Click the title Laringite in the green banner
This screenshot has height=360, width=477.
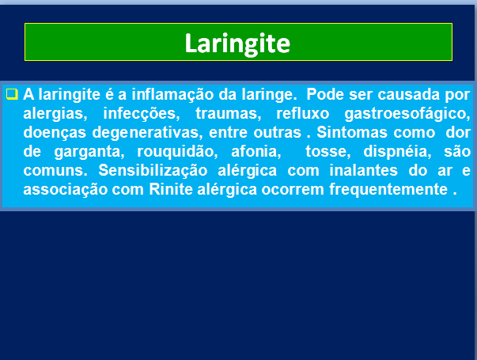237,44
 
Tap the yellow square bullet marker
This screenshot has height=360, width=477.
12,94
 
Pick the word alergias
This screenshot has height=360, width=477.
55,114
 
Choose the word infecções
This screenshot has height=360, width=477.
142,114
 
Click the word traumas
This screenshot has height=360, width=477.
228,114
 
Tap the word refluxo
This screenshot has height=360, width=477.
303,113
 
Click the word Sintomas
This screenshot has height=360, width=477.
352,132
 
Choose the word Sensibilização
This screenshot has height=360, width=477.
153,171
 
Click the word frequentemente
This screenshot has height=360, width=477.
388,190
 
